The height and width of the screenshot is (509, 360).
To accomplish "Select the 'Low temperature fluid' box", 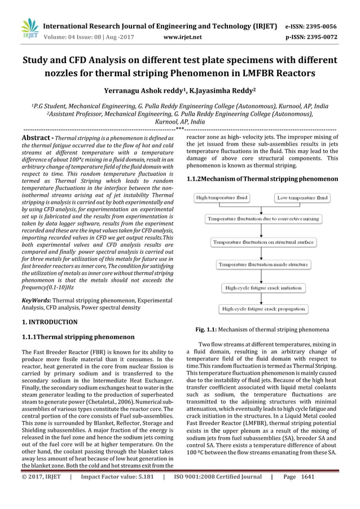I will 303,198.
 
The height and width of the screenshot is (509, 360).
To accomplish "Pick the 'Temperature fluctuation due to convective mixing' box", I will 263,218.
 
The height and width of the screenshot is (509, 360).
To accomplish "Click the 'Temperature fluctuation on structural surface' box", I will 263,242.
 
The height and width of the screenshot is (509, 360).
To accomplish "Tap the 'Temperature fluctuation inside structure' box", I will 263,264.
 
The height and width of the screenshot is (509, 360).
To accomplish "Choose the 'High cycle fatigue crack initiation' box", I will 263,288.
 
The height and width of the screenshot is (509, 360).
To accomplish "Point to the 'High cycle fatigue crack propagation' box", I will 263,309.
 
